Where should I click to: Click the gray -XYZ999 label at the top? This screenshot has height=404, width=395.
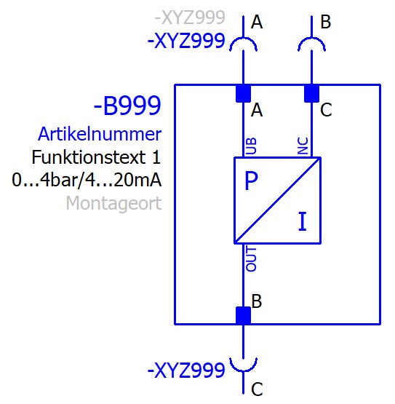tap(190, 17)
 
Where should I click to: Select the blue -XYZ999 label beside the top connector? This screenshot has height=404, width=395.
tap(186, 41)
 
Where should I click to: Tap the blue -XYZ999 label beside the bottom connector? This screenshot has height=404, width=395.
tap(186, 370)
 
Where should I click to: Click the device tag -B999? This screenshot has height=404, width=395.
tap(127, 106)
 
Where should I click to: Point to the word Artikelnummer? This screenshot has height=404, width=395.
tap(100, 134)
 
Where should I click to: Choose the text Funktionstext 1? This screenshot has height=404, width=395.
tap(96, 157)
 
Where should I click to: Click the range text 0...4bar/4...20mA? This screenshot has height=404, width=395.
tap(87, 180)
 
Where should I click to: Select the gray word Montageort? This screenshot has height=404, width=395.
tap(113, 203)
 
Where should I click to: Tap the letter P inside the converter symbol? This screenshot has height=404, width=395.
tap(251, 181)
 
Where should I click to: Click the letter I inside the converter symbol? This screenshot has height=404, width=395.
tap(303, 221)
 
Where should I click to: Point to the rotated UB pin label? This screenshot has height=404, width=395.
tap(252, 146)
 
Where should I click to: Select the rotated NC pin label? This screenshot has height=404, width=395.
tap(303, 146)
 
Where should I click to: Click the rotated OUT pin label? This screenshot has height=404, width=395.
tap(251, 258)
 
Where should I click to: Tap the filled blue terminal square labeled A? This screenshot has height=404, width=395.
tap(244, 94)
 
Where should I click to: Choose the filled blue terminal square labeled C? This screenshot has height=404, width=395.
tap(311, 94)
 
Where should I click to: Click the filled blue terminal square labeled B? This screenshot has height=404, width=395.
tap(244, 315)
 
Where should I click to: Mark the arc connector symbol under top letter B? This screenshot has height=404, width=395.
tap(311, 39)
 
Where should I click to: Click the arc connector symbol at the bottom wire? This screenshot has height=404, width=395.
tap(244, 371)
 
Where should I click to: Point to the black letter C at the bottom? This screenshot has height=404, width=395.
tap(257, 389)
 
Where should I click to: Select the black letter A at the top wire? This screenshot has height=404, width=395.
tap(257, 22)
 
